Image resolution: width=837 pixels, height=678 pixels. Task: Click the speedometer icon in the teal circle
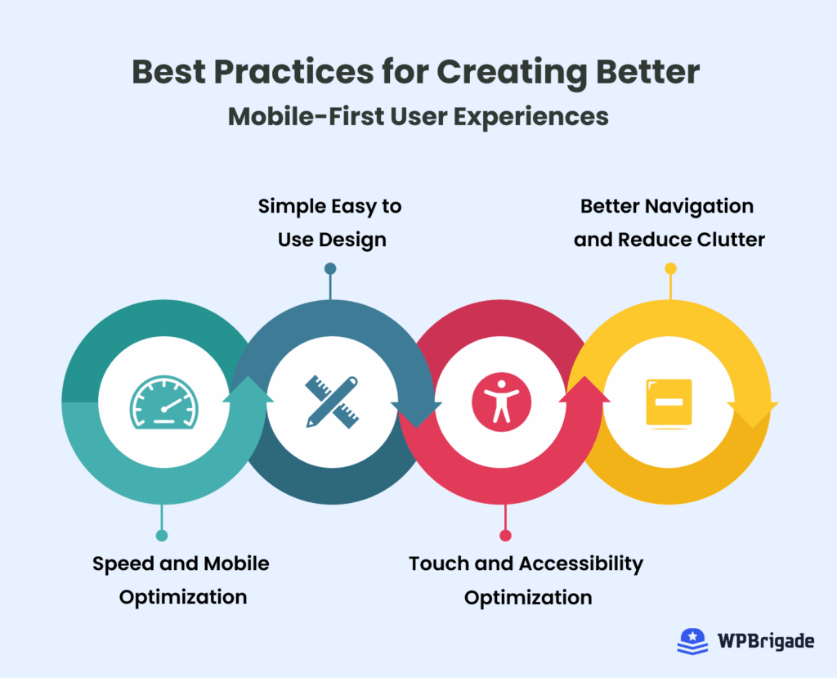coord(164,402)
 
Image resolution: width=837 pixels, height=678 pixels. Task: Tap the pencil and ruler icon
coord(333,401)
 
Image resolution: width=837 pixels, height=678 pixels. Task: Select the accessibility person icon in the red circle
coord(501,402)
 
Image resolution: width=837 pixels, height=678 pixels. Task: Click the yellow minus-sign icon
coord(669,402)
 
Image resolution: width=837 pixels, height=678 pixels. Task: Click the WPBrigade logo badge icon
coord(692,641)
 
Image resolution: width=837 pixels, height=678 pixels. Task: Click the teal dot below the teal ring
coord(162,535)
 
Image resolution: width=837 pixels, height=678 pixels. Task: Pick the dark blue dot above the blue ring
coord(330,268)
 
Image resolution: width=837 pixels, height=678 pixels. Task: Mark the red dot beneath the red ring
coord(505,535)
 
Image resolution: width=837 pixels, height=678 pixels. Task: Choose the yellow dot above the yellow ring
coord(670,268)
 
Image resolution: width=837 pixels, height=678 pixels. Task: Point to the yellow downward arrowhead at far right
coord(753,413)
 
